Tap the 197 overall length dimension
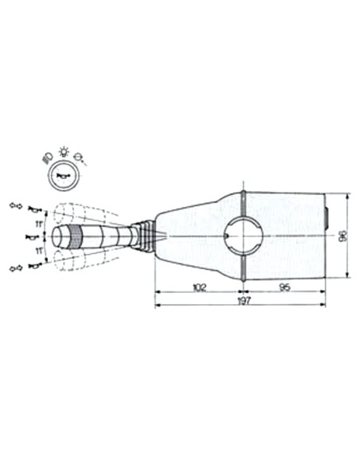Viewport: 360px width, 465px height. [240, 303]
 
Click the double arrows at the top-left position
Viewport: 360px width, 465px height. [14, 206]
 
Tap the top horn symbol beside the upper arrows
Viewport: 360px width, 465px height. [33, 209]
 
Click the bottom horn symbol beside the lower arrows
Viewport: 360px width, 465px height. [33, 265]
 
